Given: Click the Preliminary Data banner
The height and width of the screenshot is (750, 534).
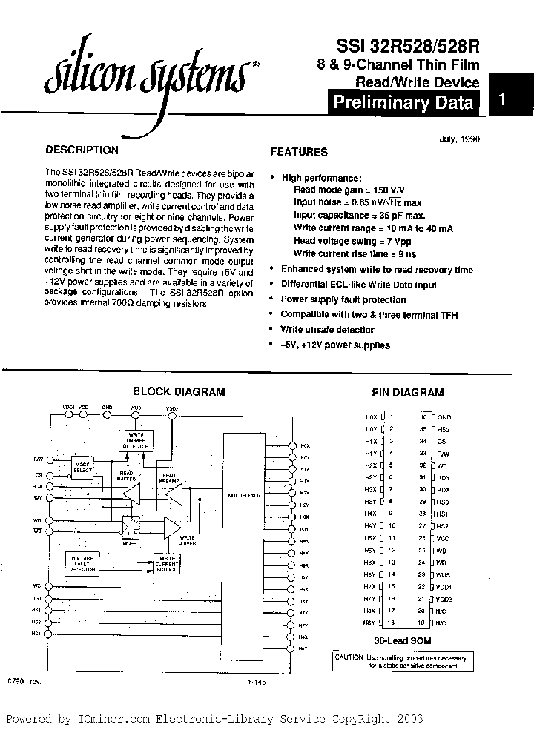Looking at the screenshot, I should (403, 102).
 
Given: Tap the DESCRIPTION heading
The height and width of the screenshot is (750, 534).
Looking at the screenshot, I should (82, 150).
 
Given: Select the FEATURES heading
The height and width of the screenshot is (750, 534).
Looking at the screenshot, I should (298, 152).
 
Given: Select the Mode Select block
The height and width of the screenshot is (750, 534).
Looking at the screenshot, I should (82, 467).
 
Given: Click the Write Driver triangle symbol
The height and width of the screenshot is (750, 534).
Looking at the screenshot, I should (171, 527).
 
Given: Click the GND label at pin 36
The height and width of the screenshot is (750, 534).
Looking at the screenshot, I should (444, 417).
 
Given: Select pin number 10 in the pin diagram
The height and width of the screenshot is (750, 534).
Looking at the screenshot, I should (392, 525).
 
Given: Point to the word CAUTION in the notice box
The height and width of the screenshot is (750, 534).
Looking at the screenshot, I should (348, 657).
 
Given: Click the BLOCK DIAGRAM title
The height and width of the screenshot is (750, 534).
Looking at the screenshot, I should (179, 392).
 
